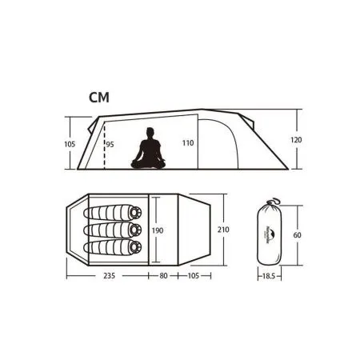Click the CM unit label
(99, 98)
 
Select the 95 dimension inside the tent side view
(110, 144)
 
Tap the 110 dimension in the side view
(187, 143)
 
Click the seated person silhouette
(148, 150)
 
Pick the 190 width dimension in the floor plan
(159, 230)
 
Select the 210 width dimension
(223, 230)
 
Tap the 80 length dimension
(164, 278)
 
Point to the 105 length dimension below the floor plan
(193, 278)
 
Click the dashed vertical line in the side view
(104, 144)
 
